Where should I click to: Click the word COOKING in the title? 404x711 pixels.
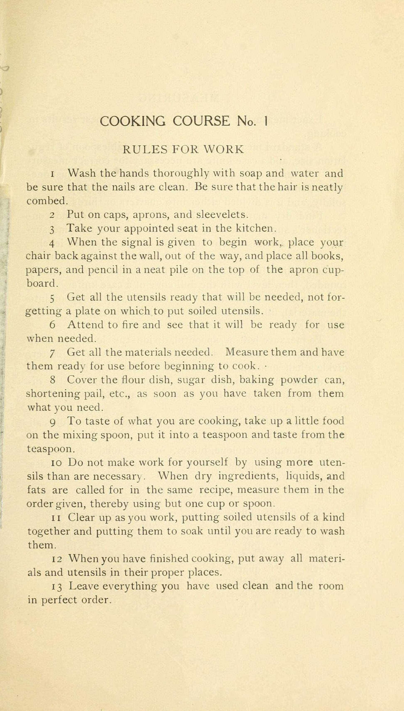tap(133, 121)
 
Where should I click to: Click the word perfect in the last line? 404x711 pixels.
tap(59, 600)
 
